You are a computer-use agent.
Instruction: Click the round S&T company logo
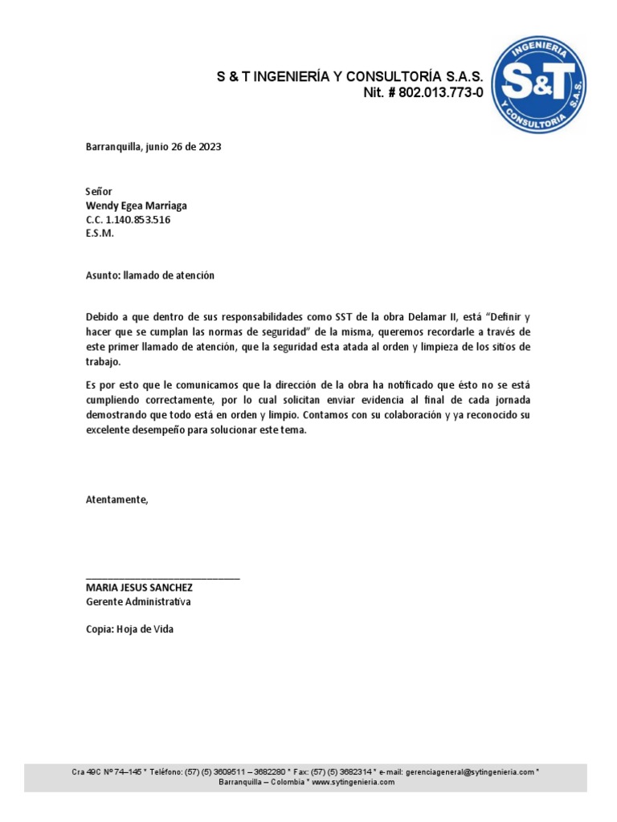[538, 83]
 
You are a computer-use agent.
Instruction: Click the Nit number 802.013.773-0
[423, 94]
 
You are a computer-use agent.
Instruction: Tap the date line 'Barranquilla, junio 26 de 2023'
[153, 147]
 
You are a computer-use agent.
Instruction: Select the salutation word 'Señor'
[100, 192]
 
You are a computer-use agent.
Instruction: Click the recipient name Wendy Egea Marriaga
[136, 205]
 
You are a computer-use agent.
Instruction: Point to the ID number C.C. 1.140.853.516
[128, 219]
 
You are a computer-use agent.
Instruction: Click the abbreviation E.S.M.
[100, 233]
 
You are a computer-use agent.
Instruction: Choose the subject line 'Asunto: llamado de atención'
[150, 275]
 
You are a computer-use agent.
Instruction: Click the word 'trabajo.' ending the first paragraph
[103, 362]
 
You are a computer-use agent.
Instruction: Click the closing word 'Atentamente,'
[117, 499]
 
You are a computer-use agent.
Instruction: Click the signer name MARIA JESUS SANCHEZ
[139, 588]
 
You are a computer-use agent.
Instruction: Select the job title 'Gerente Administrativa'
[138, 601]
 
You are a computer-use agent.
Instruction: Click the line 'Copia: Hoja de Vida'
[129, 629]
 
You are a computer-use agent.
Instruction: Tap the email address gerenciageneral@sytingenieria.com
[470, 772]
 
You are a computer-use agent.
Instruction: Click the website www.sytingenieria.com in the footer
[353, 782]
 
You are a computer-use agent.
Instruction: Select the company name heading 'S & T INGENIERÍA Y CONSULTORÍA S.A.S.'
[350, 77]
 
